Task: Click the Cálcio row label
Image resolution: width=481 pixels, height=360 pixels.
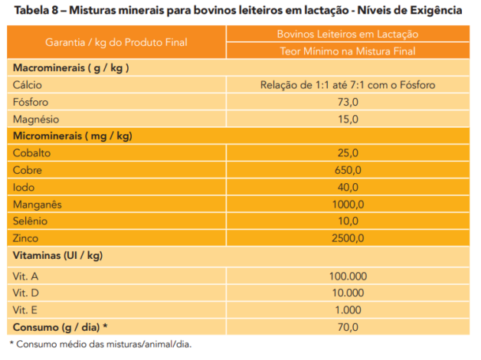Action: tap(28, 85)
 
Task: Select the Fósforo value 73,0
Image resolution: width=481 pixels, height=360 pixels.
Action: tap(348, 102)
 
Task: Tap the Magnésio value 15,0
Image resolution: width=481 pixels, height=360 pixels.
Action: tap(348, 119)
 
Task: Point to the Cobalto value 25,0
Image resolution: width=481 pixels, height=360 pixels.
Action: tap(348, 153)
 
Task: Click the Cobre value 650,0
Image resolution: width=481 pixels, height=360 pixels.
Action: tap(348, 170)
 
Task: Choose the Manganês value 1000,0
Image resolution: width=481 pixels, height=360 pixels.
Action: tap(348, 205)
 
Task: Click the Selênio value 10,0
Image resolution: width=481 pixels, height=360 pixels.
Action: tap(348, 221)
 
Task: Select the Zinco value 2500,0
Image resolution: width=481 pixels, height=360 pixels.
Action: tap(348, 238)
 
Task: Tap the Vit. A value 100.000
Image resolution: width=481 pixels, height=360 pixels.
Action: tap(348, 273)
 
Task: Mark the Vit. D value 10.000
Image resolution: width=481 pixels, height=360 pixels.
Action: tap(348, 291)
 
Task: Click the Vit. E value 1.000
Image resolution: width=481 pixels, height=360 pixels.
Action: tap(348, 309)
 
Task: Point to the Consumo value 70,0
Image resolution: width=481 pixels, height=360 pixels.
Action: tap(348, 327)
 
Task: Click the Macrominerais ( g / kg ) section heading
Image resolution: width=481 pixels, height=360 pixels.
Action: tap(70, 67)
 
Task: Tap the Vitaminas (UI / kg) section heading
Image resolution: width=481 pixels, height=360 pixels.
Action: tap(57, 256)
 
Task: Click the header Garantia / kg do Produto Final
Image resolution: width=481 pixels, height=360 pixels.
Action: tap(116, 43)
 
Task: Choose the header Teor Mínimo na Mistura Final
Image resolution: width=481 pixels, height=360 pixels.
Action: tap(348, 51)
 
